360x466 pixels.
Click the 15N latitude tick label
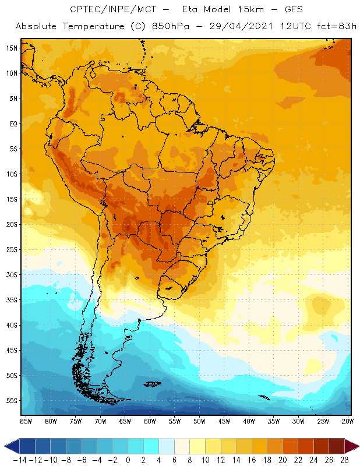coord(11,48)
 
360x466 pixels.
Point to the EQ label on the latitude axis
coord(13,123)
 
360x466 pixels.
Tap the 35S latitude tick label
coord(11,300)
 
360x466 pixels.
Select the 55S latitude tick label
coord(11,401)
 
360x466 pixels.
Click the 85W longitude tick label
coord(26,421)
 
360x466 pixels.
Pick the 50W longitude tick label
coord(200,421)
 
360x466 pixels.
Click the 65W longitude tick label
coord(125,421)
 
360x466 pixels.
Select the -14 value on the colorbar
coord(20,460)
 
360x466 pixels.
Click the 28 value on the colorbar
coord(344,460)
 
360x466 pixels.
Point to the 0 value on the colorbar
coord(128,460)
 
